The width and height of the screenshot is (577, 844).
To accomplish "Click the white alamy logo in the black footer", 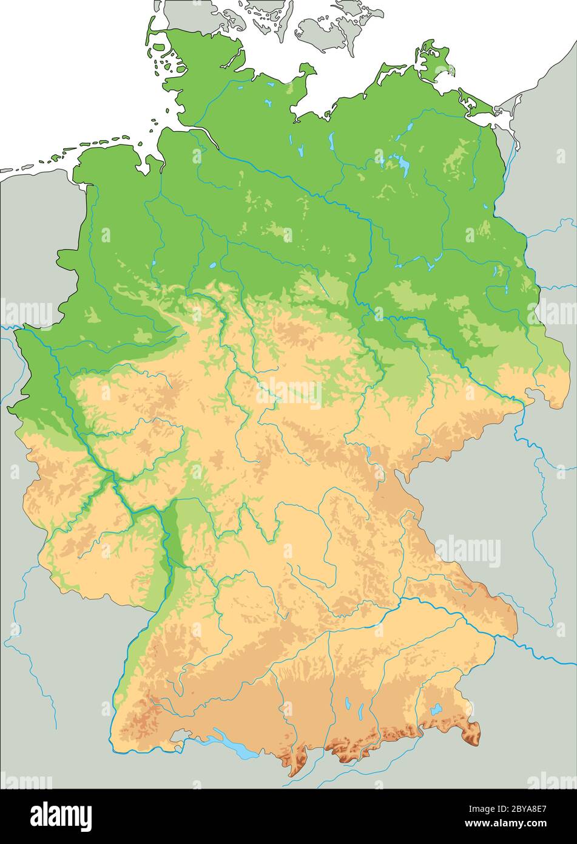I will click(61, 816).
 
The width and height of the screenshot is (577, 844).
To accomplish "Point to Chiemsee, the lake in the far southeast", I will click(436, 709).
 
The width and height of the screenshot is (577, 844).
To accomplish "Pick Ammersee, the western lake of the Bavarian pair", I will click(348, 704).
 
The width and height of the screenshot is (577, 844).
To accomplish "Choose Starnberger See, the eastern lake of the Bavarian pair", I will click(362, 709).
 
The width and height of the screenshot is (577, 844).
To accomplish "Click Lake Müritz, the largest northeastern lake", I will click(401, 162).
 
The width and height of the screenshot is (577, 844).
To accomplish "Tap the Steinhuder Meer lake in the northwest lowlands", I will click(212, 265).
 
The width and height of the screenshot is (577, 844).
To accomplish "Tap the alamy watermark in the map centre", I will click(289, 393).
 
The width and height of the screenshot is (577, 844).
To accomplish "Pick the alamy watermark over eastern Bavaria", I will click(467, 552).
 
